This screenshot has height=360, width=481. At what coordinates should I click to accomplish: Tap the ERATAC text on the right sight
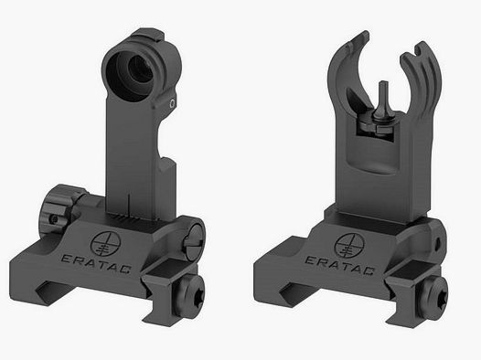[x=361, y=260]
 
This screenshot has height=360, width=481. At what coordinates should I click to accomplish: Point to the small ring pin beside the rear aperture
[x=170, y=105]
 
